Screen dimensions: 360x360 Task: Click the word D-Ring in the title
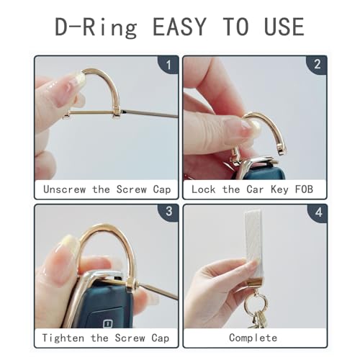(x=96, y=27)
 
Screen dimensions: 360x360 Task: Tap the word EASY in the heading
(x=179, y=27)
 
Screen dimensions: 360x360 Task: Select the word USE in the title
(x=284, y=27)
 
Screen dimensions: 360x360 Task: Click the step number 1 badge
(x=168, y=65)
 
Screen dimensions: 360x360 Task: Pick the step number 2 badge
(x=317, y=64)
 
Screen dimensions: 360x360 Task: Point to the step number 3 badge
(x=169, y=211)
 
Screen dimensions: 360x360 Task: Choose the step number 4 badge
(x=318, y=212)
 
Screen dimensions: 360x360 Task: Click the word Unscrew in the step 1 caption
(x=64, y=189)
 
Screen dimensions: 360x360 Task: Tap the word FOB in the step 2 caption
(x=304, y=189)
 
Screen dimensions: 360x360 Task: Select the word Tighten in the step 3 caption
(x=63, y=338)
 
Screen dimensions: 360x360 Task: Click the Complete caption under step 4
(x=253, y=338)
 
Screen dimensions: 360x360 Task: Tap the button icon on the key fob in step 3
(x=108, y=323)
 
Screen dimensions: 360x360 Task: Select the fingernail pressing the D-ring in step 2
(x=250, y=126)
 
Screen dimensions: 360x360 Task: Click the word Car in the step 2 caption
(x=255, y=189)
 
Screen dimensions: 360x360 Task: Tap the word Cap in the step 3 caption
(x=161, y=338)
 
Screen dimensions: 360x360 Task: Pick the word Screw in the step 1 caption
(x=132, y=189)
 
